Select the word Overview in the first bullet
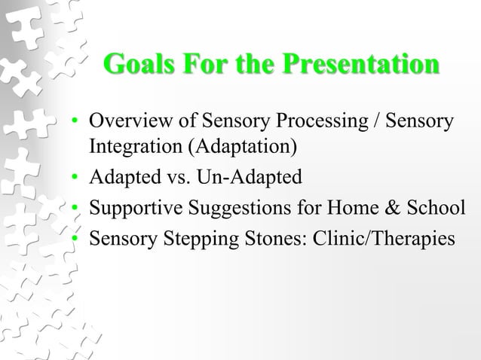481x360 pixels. [x=124, y=122]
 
